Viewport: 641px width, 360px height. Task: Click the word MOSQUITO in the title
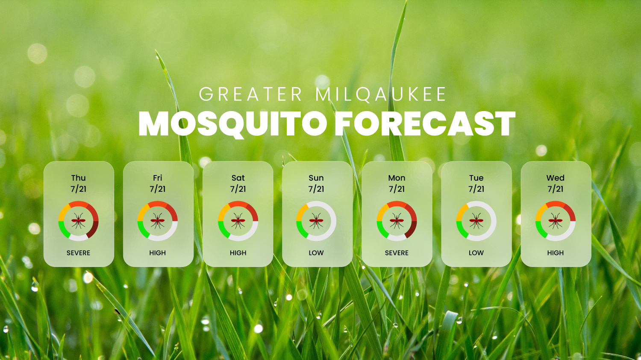pyautogui.click(x=232, y=124)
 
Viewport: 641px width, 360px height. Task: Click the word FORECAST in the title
pyautogui.click(x=425, y=123)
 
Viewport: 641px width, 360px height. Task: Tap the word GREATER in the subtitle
pyautogui.click(x=251, y=94)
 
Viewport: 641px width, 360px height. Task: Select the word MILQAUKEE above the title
pyautogui.click(x=381, y=94)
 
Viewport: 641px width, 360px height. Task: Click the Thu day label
pyautogui.click(x=78, y=178)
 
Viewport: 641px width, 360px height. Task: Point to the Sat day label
pyautogui.click(x=238, y=178)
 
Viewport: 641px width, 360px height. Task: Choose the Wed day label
pyautogui.click(x=556, y=178)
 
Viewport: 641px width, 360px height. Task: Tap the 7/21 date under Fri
pyautogui.click(x=158, y=189)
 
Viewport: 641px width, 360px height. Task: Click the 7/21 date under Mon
pyautogui.click(x=397, y=189)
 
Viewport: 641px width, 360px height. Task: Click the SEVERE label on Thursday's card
pyautogui.click(x=78, y=253)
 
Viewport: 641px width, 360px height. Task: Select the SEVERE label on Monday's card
pyautogui.click(x=397, y=253)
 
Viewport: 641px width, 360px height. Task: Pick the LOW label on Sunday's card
pyautogui.click(x=316, y=253)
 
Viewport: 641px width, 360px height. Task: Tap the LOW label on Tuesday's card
pyautogui.click(x=476, y=253)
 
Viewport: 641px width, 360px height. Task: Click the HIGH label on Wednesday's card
pyautogui.click(x=556, y=253)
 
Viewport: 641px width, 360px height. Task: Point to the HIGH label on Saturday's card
pyautogui.click(x=238, y=253)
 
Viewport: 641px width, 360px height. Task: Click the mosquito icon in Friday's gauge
pyautogui.click(x=158, y=221)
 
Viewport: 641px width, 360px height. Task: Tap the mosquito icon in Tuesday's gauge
pyautogui.click(x=476, y=221)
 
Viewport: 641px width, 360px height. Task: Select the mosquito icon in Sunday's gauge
pyautogui.click(x=316, y=221)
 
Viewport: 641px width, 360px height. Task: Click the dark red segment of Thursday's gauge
pyautogui.click(x=94, y=230)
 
